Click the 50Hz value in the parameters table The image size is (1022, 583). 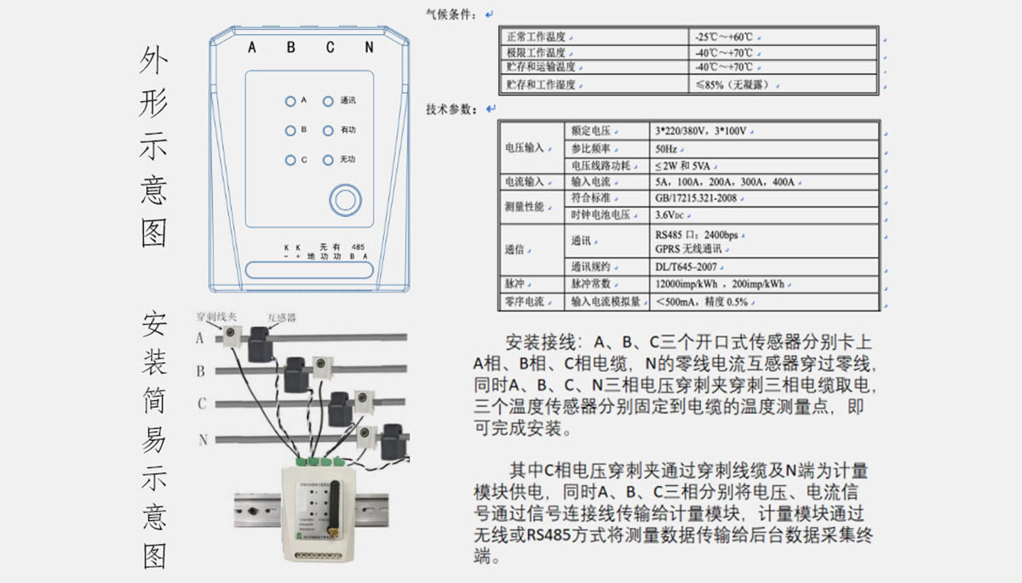(667, 149)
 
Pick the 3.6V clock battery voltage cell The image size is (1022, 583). (675, 214)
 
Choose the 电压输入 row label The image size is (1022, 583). (523, 148)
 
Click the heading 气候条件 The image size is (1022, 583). (451, 14)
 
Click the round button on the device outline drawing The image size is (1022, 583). (345, 200)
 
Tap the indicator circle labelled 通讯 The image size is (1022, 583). (328, 101)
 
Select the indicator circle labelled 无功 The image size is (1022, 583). (328, 159)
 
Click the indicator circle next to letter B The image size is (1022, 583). (290, 130)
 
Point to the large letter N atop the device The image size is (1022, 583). (369, 48)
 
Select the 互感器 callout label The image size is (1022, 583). (282, 317)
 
